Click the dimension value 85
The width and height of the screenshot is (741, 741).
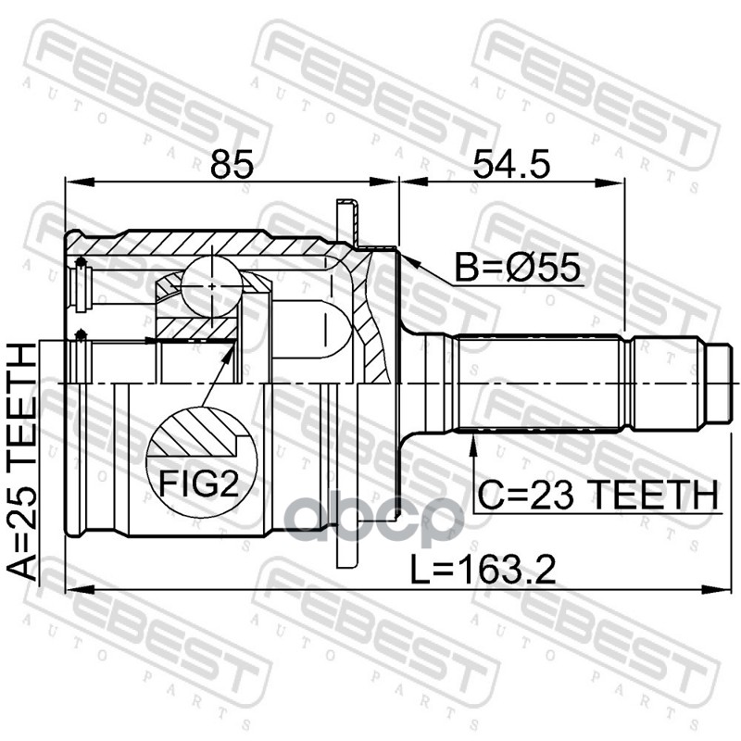pyautogui.click(x=232, y=164)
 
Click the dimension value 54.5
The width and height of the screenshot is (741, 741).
pyautogui.click(x=512, y=164)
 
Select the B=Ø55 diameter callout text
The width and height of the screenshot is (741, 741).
pyautogui.click(x=517, y=268)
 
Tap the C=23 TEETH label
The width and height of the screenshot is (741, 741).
pyautogui.click(x=597, y=496)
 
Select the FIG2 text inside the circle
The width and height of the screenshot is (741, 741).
pyautogui.click(x=198, y=484)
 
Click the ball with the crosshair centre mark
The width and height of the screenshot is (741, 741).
pyautogui.click(x=212, y=286)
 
